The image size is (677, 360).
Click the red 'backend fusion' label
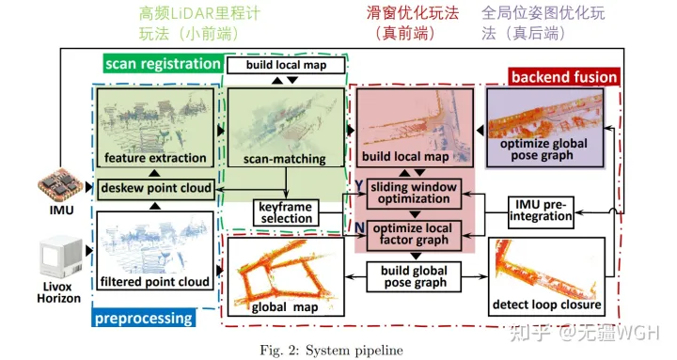[x=564, y=76]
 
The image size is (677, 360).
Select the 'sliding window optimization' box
[x=414, y=191]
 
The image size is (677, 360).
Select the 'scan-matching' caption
[x=284, y=160]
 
